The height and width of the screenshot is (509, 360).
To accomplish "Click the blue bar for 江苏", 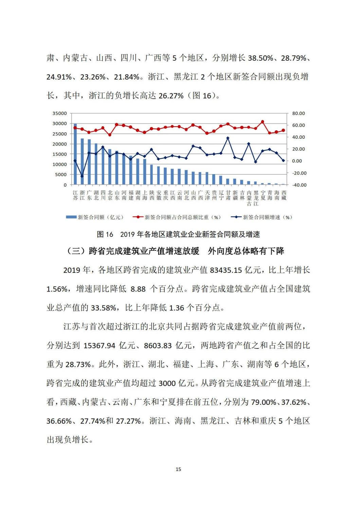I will click(75, 154).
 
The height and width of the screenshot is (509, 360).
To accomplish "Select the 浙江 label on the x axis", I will click(82, 195).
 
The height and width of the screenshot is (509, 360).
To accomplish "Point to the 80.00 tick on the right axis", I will click(299, 113).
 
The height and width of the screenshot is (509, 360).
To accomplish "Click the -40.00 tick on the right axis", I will click(299, 185).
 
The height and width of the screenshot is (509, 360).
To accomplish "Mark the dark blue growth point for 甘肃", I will click(228, 138).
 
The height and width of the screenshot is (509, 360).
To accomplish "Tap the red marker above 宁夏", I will click(263, 121).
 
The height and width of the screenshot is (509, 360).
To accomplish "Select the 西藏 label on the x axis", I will click(284, 195).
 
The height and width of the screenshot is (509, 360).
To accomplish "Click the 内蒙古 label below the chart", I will click(249, 198).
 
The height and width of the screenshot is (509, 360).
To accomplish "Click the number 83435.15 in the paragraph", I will click(226, 270).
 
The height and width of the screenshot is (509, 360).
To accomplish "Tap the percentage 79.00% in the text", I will click(264, 402).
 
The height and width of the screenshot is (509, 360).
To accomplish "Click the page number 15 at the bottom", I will click(178, 469).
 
